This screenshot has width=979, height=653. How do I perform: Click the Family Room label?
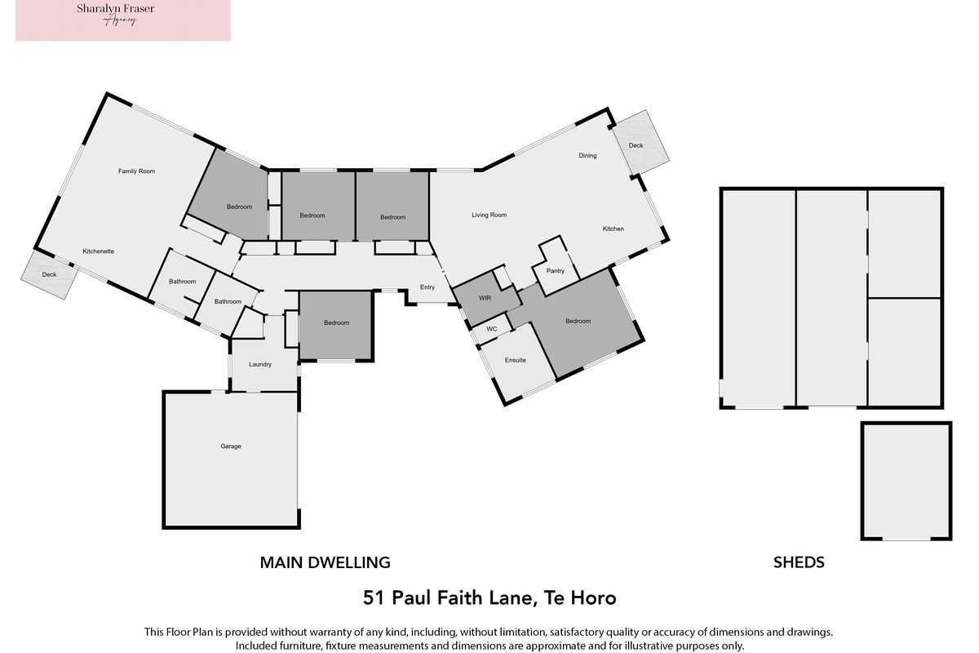pyautogui.click(x=136, y=171)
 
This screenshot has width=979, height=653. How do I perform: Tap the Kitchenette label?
pyautogui.click(x=99, y=251)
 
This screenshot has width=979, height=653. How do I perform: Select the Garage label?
pyautogui.click(x=231, y=446)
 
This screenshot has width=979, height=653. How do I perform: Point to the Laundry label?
pyautogui.click(x=260, y=364)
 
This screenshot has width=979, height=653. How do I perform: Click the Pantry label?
pyautogui.click(x=556, y=271)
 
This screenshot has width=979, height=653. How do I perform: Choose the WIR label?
pyautogui.click(x=485, y=298)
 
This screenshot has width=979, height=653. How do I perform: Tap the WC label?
pyautogui.click(x=492, y=329)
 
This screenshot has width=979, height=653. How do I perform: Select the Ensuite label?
pyautogui.click(x=516, y=361)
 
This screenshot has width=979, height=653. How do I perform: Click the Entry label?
pyautogui.click(x=427, y=287)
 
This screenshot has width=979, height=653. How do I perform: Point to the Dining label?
pyautogui.click(x=587, y=156)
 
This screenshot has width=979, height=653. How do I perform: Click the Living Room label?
pyautogui.click(x=489, y=215)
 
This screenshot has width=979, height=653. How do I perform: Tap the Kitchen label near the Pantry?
pyautogui.click(x=614, y=229)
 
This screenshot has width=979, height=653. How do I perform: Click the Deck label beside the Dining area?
pyautogui.click(x=636, y=145)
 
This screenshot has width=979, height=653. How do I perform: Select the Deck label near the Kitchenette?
pyautogui.click(x=50, y=275)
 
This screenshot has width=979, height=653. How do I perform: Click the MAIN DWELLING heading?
pyautogui.click(x=326, y=562)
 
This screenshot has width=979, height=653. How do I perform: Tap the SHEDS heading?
pyautogui.click(x=799, y=562)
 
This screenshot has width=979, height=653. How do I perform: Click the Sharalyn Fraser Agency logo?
pyautogui.click(x=123, y=20)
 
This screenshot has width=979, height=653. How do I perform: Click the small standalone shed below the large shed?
pyautogui.click(x=906, y=481)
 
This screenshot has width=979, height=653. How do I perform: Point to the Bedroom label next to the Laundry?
pyautogui.click(x=336, y=323)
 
